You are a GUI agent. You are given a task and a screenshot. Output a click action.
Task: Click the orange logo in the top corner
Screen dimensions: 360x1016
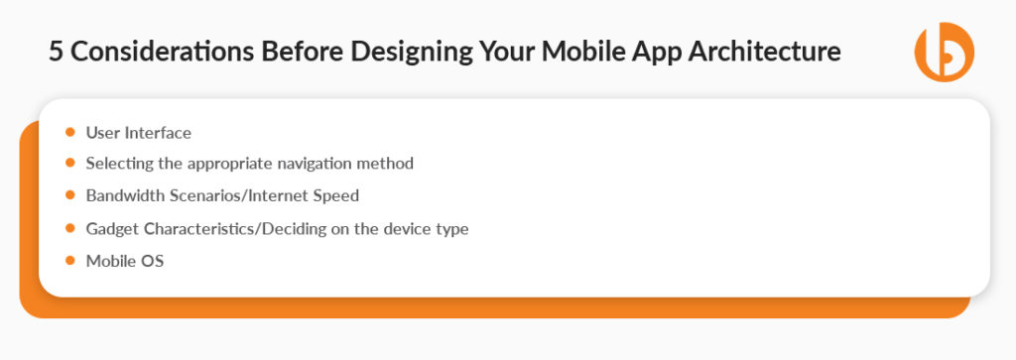point(944,52)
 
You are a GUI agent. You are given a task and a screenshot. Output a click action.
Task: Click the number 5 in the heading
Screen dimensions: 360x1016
point(56,53)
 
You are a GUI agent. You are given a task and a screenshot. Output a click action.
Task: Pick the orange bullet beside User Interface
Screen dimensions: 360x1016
point(69,131)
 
